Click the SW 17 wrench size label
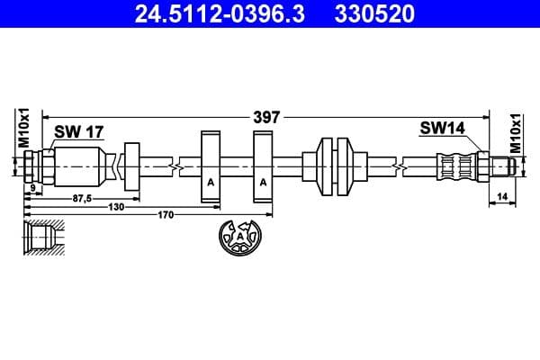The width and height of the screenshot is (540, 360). pyautogui.click(x=78, y=132)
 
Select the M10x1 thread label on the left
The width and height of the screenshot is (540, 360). pyautogui.click(x=25, y=128)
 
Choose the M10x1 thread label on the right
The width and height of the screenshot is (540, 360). pyautogui.click(x=515, y=131)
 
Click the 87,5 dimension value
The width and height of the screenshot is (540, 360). pyautogui.click(x=82, y=197)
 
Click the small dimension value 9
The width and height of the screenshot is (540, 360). pyautogui.click(x=32, y=188)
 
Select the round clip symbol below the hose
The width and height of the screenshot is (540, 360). pyautogui.click(x=240, y=238)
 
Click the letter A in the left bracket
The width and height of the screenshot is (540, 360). pyautogui.click(x=211, y=181)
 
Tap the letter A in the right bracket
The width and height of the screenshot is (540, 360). pyautogui.click(x=264, y=181)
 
